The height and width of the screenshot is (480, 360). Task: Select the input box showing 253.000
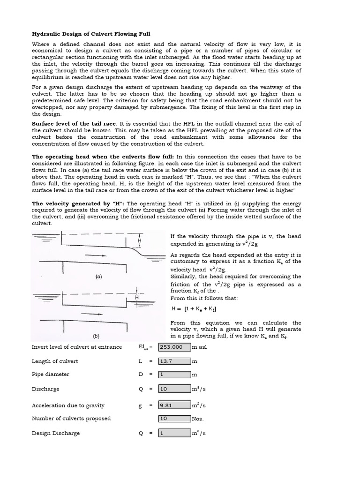pyautogui.click(x=174, y=347)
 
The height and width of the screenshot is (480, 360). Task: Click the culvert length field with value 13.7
pyautogui.click(x=174, y=361)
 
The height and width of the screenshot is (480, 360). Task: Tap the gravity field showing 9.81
pyautogui.click(x=174, y=405)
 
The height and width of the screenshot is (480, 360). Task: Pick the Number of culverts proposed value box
pyautogui.click(x=174, y=419)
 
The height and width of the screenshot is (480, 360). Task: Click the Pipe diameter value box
pyautogui.click(x=174, y=375)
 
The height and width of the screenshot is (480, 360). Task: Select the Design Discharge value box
pyautogui.click(x=174, y=433)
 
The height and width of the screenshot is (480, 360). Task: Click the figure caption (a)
pyautogui.click(x=98, y=277)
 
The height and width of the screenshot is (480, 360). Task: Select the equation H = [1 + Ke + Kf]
pyautogui.click(x=194, y=309)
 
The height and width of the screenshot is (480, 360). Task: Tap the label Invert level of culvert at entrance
pyautogui.click(x=77, y=347)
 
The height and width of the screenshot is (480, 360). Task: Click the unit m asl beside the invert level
pyautogui.click(x=200, y=347)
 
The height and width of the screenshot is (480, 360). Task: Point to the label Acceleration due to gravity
pyautogui.click(x=68, y=405)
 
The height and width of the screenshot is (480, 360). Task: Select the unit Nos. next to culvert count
pyautogui.click(x=198, y=419)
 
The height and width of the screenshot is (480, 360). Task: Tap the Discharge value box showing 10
pyautogui.click(x=174, y=389)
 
